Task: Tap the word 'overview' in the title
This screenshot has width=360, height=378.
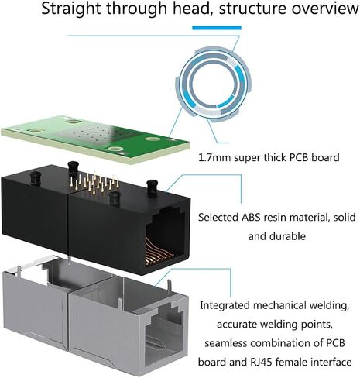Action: click(x=324, y=9)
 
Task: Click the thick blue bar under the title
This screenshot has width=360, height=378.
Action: click(x=217, y=28)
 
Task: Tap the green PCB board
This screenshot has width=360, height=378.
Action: click(x=95, y=139)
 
